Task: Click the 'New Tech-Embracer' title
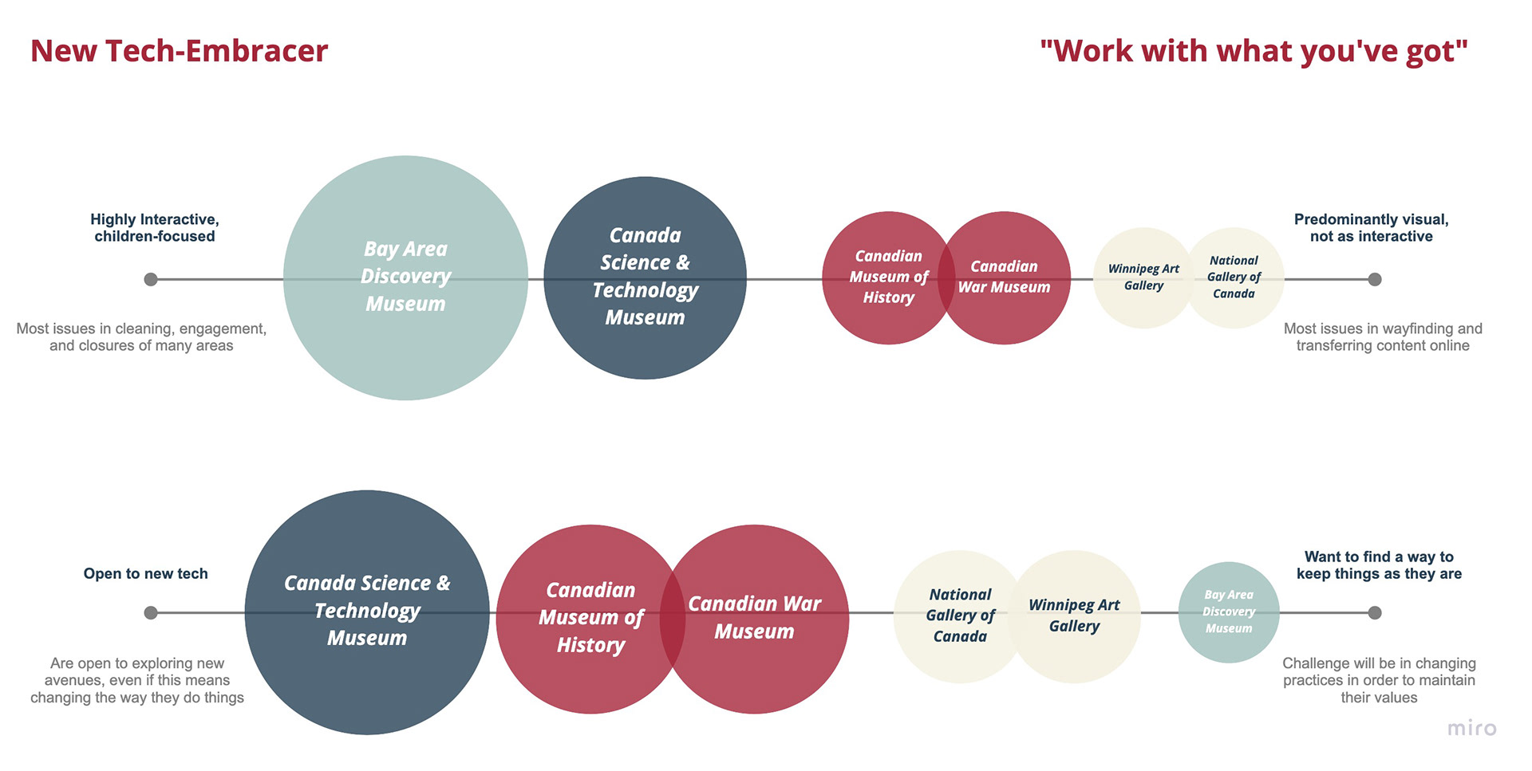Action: (x=180, y=51)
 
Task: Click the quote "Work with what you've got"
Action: (x=1254, y=51)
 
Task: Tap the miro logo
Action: (x=1472, y=727)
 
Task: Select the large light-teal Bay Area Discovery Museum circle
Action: (x=405, y=277)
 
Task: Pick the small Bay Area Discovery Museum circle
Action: (x=1229, y=612)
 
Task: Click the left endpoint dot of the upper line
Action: (x=151, y=279)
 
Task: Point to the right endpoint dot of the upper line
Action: (x=1375, y=279)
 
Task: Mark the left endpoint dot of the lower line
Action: (x=151, y=612)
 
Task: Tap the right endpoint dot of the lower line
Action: (x=1375, y=612)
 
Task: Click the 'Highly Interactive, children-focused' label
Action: (x=155, y=228)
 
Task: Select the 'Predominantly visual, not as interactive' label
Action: (x=1372, y=228)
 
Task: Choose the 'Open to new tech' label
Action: (x=146, y=573)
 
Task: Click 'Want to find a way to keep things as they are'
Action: (x=1379, y=565)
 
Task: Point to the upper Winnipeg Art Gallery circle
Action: (x=1143, y=277)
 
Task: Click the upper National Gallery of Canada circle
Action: (x=1234, y=277)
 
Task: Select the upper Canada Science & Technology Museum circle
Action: (x=645, y=277)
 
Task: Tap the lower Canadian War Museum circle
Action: (x=754, y=619)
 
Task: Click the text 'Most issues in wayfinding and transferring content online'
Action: (x=1383, y=337)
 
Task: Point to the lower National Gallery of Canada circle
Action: (x=960, y=616)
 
